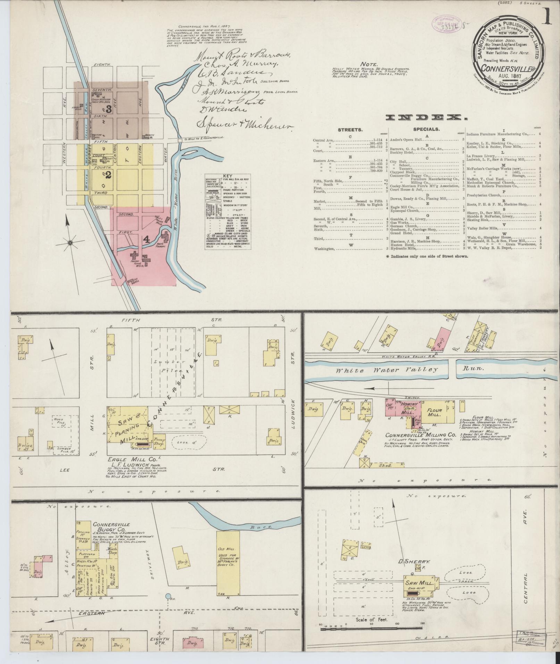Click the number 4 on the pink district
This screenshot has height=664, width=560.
147,239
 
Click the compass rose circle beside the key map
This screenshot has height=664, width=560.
70,243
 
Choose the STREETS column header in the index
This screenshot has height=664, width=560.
350,130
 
